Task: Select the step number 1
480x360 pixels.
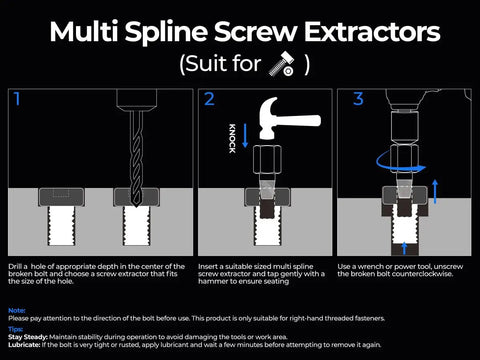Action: point(17,99)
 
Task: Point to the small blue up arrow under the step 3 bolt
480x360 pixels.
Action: point(404,244)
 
